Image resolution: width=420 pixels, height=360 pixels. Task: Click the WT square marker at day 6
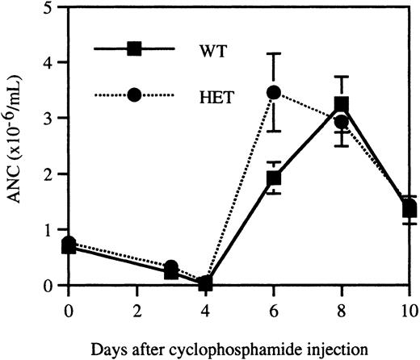tap(274, 178)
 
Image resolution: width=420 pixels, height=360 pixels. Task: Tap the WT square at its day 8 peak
tap(342, 105)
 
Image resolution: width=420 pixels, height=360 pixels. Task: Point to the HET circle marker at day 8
tap(342, 123)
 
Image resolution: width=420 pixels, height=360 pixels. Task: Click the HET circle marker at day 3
tap(171, 267)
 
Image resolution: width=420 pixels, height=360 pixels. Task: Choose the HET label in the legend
tap(215, 95)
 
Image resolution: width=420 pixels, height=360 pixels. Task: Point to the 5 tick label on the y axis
tap(51, 8)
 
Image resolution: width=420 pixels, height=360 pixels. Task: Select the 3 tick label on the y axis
tap(51, 119)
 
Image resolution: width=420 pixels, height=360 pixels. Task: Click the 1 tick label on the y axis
tap(51, 230)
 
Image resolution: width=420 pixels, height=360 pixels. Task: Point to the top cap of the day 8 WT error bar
tap(342, 77)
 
